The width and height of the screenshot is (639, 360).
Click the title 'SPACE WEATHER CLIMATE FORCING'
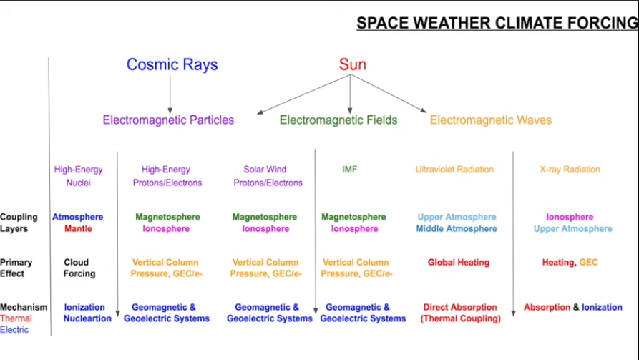tap(497, 23)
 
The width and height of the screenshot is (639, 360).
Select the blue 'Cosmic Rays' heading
tap(172, 64)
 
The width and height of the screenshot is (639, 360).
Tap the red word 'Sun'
tap(353, 64)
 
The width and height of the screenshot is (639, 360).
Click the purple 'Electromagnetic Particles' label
tap(168, 120)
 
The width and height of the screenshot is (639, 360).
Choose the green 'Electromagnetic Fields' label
tap(338, 120)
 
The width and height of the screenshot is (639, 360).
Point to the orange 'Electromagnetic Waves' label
tap(491, 120)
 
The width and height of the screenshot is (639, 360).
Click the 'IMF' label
tap(350, 169)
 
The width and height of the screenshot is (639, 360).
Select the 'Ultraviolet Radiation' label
tap(454, 169)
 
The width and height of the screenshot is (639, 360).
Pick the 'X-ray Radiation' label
tap(570, 169)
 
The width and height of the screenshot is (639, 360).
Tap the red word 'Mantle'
tap(78, 229)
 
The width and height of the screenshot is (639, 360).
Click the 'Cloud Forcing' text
tap(79, 268)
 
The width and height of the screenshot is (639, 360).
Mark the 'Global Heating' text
tap(459, 262)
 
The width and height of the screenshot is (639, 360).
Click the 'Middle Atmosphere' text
tap(457, 229)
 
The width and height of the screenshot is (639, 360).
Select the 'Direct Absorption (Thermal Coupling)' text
tap(461, 313)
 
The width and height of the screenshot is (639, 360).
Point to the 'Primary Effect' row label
tap(16, 268)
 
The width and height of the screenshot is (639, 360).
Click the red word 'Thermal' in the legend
tap(16, 318)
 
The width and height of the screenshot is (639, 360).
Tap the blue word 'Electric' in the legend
tap(14, 330)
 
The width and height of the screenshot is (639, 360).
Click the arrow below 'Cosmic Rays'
tap(170, 94)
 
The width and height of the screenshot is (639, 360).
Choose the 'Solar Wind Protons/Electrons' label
tap(268, 176)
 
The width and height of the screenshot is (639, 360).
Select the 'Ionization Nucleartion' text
tap(87, 313)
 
